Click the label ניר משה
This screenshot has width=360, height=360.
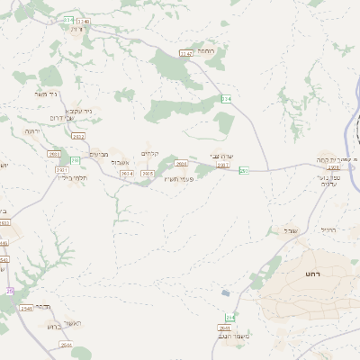point(45,94)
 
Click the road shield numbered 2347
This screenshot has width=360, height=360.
point(186,53)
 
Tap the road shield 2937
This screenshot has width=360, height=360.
point(223,166)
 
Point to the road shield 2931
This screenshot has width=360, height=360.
point(62,169)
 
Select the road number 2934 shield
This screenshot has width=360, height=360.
point(126,173)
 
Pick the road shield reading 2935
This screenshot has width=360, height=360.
point(148,173)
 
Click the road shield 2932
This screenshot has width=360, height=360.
point(77,136)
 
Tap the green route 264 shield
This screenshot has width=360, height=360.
point(229,318)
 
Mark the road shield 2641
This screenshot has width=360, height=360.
point(225,328)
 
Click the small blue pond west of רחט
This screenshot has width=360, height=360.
point(225,292)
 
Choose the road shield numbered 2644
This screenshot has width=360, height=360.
point(66,344)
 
